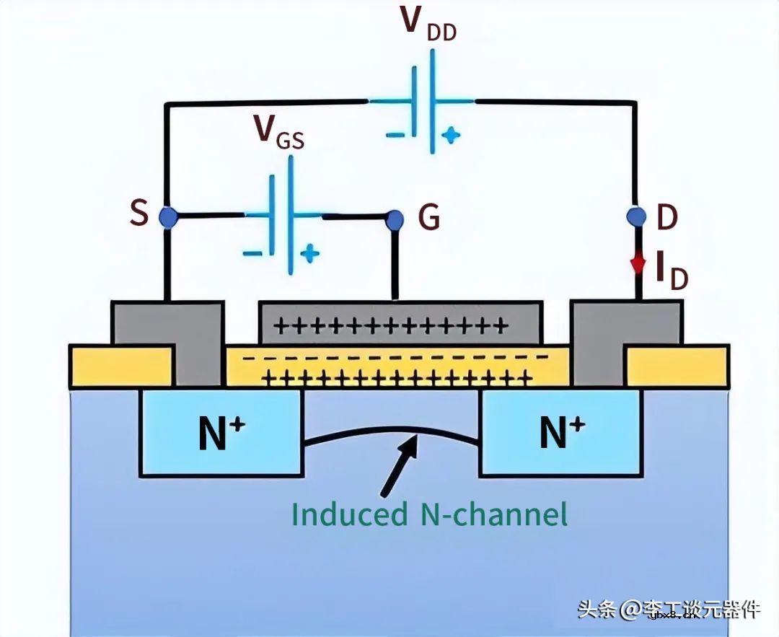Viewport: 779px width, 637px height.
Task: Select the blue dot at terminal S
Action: [167, 216]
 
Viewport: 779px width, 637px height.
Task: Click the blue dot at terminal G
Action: [395, 219]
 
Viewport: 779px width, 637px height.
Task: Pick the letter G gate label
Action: [429, 217]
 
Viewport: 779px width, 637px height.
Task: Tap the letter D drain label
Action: [667, 216]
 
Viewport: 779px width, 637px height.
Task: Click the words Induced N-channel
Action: [429, 514]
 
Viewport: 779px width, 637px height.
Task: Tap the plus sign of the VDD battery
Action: [450, 135]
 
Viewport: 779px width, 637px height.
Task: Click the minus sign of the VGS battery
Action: [252, 253]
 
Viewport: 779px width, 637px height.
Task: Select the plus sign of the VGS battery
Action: [309, 253]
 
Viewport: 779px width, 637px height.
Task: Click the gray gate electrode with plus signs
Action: [400, 322]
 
